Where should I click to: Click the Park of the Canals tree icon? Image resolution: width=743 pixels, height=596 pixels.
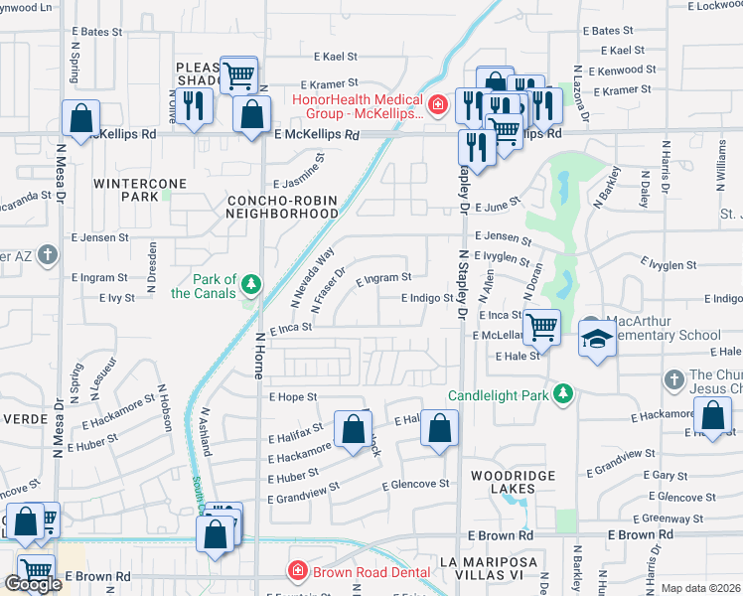[x=251, y=285]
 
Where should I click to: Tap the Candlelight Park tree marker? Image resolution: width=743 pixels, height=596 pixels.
[x=563, y=394]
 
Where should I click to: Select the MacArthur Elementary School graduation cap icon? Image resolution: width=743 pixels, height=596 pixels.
[x=597, y=340]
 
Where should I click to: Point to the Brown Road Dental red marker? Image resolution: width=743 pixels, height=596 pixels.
[x=296, y=571]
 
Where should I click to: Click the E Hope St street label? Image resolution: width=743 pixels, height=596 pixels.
[x=293, y=396]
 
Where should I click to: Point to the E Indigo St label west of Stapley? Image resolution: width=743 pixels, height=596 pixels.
[x=427, y=298]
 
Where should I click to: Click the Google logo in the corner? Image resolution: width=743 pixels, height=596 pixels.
[x=32, y=584]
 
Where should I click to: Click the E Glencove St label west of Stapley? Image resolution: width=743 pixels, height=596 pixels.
[x=417, y=484]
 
